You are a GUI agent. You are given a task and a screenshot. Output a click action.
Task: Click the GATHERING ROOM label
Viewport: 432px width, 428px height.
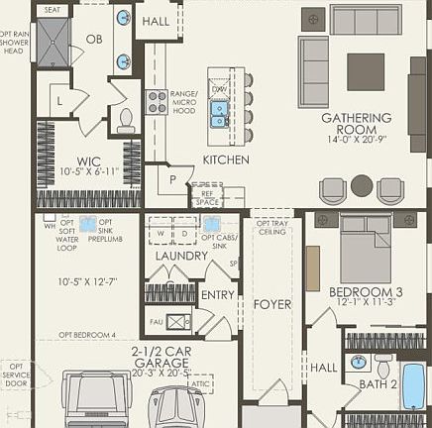[x=356, y=118]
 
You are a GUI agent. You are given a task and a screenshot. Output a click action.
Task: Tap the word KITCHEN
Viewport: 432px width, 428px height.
[x=226, y=160]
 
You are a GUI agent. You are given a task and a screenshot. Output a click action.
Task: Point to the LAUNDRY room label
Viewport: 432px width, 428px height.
[x=180, y=256]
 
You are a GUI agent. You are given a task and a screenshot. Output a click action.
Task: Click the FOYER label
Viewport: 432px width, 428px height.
[x=271, y=304]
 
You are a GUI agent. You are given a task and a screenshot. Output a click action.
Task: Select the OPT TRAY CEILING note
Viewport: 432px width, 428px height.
[x=271, y=227]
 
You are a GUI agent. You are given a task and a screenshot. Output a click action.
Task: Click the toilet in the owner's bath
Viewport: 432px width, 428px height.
[x=126, y=121]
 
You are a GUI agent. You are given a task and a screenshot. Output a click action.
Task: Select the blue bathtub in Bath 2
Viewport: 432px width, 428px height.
[x=413, y=386]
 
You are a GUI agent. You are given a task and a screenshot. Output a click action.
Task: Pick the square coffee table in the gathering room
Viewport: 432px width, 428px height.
[x=366, y=71]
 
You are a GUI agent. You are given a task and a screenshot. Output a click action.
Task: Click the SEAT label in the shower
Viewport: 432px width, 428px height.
[x=53, y=10]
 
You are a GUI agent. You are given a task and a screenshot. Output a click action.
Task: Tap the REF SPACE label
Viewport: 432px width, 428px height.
[x=207, y=198]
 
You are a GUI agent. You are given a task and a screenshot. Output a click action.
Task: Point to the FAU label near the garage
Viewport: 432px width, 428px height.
[x=155, y=321]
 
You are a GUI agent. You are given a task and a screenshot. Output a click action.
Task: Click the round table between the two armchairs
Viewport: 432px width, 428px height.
[x=362, y=185]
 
